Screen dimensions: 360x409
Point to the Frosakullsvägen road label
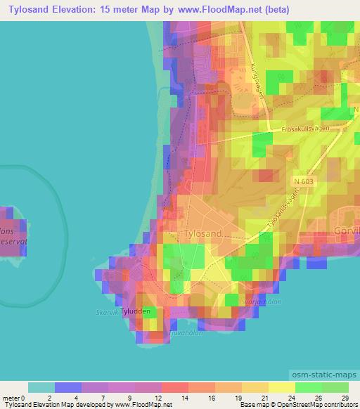304,129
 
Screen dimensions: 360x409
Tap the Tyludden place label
135,311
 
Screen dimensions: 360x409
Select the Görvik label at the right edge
348,230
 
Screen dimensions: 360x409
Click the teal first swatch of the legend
41,387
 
